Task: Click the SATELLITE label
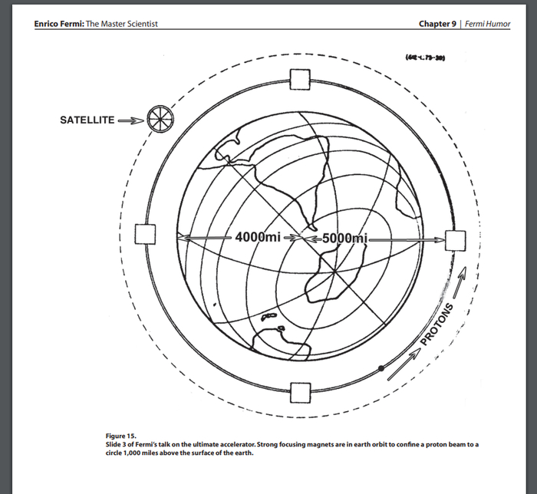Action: coord(87,120)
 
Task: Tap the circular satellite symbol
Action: coord(160,118)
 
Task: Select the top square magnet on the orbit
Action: coord(299,79)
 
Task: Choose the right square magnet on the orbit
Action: coord(456,240)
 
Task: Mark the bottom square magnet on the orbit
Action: coord(300,392)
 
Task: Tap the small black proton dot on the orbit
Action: coord(381,369)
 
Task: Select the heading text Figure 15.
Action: coord(120,436)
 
